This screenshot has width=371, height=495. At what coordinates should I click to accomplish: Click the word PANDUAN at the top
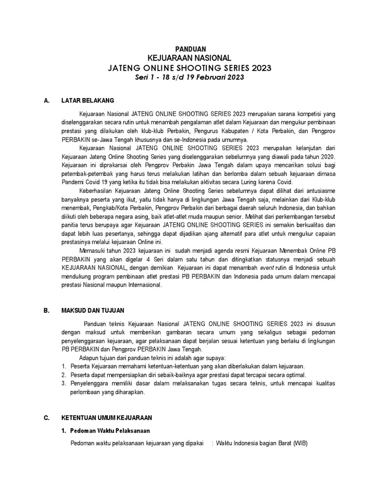(190, 48)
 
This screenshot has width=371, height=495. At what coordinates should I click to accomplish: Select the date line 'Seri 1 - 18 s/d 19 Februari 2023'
(190, 78)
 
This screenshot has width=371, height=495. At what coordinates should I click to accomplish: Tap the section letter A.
(46, 101)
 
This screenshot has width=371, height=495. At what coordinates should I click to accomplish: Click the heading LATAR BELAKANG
(87, 101)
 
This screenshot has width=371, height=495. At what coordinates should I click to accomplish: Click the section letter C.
(46, 417)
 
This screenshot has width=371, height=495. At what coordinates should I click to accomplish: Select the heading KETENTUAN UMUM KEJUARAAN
(106, 417)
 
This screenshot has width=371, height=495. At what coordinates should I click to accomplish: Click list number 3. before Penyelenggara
(63, 383)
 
